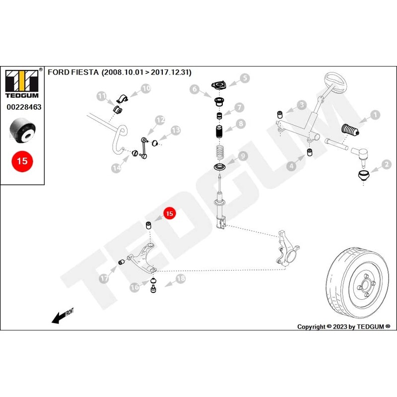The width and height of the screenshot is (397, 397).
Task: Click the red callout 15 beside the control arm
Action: click(x=170, y=213)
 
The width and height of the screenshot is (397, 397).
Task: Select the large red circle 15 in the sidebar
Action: click(x=22, y=161)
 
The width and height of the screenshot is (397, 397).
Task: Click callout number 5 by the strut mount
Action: click(x=245, y=78)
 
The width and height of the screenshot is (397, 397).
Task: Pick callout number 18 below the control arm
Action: click(x=180, y=279)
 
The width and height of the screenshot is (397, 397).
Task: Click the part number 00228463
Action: click(x=24, y=107)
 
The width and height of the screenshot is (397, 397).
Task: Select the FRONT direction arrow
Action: click(x=63, y=315)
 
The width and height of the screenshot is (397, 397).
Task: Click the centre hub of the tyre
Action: click(x=364, y=284)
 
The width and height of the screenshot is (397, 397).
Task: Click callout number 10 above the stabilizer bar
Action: click(x=146, y=88)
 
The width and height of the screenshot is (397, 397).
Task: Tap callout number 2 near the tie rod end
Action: click(x=385, y=164)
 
